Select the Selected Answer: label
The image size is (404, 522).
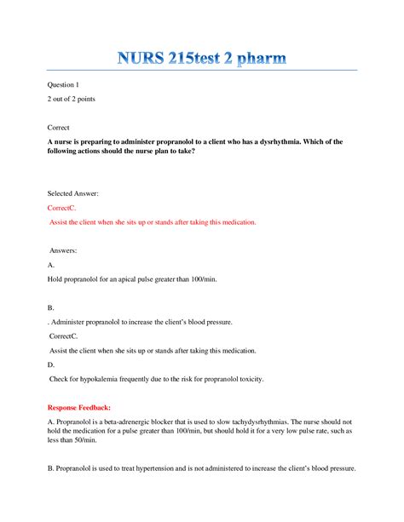click(73, 193)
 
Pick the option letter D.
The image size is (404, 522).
click(51, 364)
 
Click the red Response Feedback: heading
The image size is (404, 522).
click(78, 407)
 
